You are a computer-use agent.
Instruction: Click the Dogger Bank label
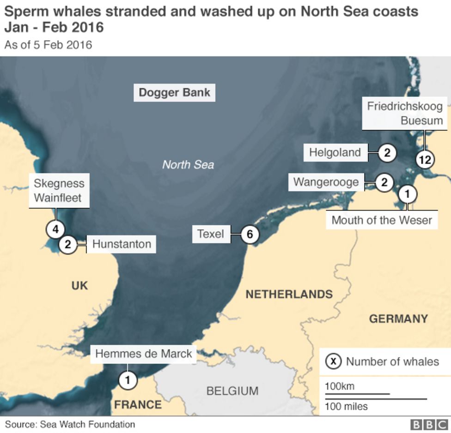pyautogui.click(x=174, y=92)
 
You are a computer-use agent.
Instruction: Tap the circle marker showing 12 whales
pyautogui.click(x=425, y=160)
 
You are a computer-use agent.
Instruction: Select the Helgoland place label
pyautogui.click(x=335, y=152)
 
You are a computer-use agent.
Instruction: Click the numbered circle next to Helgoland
pyautogui.click(x=387, y=152)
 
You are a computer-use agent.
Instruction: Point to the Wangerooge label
pyautogui.click(x=326, y=182)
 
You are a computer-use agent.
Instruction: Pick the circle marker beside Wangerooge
pyautogui.click(x=384, y=182)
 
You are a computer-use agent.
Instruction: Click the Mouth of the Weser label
pyautogui.click(x=381, y=220)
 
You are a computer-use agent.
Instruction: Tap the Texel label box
pyautogui.click(x=211, y=234)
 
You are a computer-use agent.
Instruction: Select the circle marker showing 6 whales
pyautogui.click(x=250, y=235)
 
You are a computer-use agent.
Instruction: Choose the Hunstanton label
pyautogui.click(x=122, y=244)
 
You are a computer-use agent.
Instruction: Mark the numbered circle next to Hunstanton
pyautogui.click(x=68, y=244)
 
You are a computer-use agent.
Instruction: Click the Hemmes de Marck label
pyautogui.click(x=143, y=354)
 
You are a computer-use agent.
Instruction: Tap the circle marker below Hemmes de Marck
pyautogui.click(x=128, y=380)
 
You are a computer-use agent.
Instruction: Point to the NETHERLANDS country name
pyautogui.click(x=289, y=294)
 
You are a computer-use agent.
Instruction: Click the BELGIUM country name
pyautogui.click(x=232, y=391)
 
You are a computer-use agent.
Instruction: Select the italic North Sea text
pyautogui.click(x=188, y=165)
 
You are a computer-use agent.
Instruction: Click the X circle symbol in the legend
pyautogui.click(x=333, y=361)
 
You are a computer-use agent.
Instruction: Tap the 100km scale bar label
pyautogui.click(x=340, y=386)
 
